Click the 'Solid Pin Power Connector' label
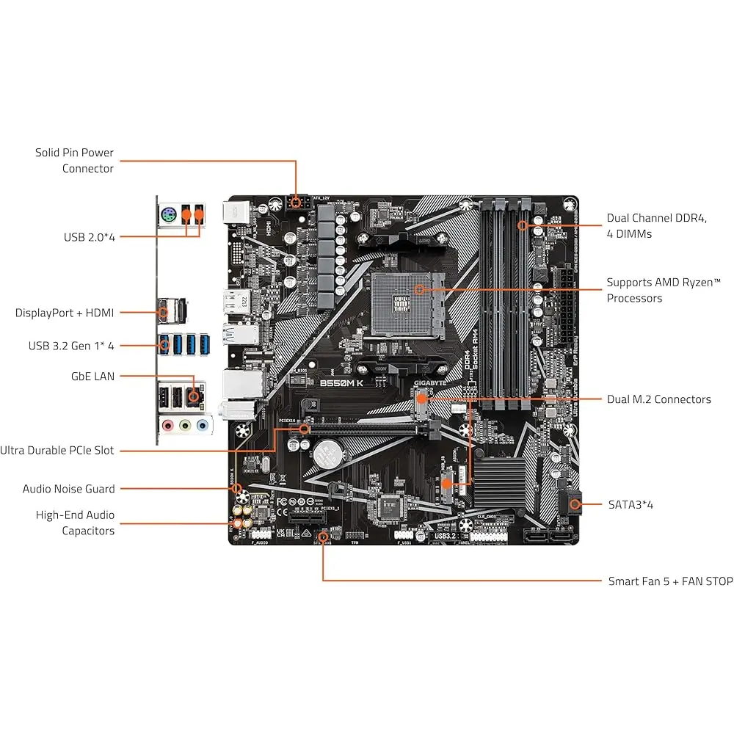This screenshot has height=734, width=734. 74,161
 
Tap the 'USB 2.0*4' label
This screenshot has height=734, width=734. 89,237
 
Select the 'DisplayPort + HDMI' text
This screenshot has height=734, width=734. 65,313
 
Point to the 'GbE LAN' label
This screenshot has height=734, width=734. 92,376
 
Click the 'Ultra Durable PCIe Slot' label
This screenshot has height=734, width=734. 57,451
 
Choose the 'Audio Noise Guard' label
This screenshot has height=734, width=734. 68,489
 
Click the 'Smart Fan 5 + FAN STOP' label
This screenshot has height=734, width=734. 670,581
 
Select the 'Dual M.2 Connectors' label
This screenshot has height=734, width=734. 658,399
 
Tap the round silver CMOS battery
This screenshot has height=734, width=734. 327,455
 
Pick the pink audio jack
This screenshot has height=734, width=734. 168,425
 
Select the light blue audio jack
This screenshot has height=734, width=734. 201,425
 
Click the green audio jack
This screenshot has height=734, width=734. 185,425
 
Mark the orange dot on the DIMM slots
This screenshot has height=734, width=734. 522,225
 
